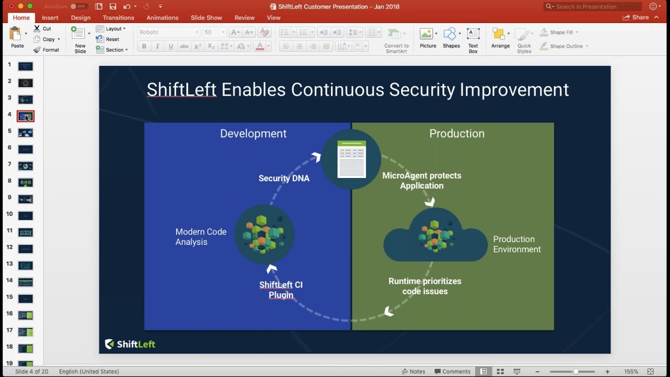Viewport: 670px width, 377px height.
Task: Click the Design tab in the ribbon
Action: (81, 18)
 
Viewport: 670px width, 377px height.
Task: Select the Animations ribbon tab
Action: (162, 18)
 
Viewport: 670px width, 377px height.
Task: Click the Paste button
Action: (17, 38)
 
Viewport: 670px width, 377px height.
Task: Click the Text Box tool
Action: (473, 40)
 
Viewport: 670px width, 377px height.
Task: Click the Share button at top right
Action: (635, 17)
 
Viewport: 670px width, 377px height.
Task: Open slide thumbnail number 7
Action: (25, 166)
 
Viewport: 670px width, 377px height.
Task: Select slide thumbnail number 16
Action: (25, 315)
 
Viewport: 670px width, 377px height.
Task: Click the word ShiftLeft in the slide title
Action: (181, 90)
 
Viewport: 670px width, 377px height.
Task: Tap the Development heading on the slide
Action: (253, 134)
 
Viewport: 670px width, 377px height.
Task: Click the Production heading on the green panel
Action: (456, 134)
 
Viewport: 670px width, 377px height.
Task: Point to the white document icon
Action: (351, 159)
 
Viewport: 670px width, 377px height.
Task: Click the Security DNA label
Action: (284, 179)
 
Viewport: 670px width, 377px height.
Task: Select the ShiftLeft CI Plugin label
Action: (281, 290)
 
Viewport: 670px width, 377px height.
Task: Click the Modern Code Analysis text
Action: (200, 237)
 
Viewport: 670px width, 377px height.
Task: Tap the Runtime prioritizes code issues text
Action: (425, 286)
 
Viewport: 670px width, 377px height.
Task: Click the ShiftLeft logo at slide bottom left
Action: (130, 344)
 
